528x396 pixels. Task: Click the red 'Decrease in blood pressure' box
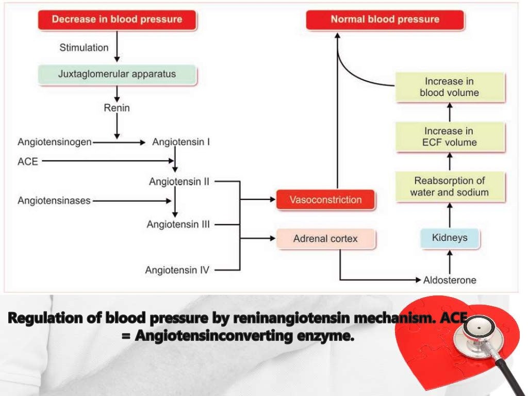coord(117,20)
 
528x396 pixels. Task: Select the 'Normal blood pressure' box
coord(385,20)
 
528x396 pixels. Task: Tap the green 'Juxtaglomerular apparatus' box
coord(117,74)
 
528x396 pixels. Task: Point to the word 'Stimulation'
coord(84,47)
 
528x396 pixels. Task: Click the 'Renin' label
coord(117,108)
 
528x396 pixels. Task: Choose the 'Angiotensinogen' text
coord(54,142)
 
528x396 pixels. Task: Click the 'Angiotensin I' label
coord(180,142)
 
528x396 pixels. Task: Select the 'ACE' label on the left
coord(28,161)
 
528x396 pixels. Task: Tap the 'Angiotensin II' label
coord(179,181)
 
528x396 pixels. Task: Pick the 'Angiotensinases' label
coord(54,200)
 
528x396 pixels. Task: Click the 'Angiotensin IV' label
coord(177,270)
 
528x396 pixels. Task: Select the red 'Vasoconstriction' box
coord(325,200)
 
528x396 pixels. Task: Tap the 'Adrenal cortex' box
coord(325,239)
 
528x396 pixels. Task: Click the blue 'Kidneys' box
coord(450,238)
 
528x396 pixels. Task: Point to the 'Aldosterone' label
coord(450,280)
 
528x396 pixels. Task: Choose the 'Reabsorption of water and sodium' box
coord(449,187)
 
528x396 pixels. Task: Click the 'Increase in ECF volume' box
coord(449,137)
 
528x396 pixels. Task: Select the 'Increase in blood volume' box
coord(449,87)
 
